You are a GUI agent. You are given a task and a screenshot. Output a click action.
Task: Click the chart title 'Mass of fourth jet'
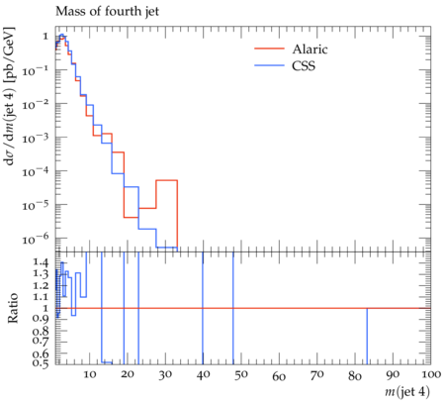click(107, 12)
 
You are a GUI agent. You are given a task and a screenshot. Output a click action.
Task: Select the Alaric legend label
click(310, 49)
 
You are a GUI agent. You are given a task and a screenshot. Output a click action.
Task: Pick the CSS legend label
click(304, 65)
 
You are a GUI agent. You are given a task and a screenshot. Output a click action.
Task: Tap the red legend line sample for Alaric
click(269, 49)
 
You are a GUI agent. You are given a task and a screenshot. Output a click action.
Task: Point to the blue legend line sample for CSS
click(269, 65)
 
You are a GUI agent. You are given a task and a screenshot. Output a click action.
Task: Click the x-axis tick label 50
click(241, 375)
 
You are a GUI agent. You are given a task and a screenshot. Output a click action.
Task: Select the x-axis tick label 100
click(430, 375)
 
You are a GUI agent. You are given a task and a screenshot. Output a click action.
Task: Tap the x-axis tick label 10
click(89, 375)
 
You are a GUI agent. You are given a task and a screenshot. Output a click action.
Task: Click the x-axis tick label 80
click(355, 375)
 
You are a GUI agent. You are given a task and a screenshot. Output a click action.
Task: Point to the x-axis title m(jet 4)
click(407, 392)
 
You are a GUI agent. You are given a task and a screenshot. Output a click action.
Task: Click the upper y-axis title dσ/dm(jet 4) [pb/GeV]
click(10, 96)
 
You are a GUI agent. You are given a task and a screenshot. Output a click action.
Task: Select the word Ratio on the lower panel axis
click(12, 308)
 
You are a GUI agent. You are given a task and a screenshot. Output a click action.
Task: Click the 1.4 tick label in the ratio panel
click(41, 262)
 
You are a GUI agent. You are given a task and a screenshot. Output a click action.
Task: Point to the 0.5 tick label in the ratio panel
click(41, 362)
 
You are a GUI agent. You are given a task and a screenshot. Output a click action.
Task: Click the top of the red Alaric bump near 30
click(167, 180)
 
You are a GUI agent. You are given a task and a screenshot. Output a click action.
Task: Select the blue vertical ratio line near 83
click(367, 336)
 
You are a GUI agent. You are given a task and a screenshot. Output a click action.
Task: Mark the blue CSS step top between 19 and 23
click(132, 187)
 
